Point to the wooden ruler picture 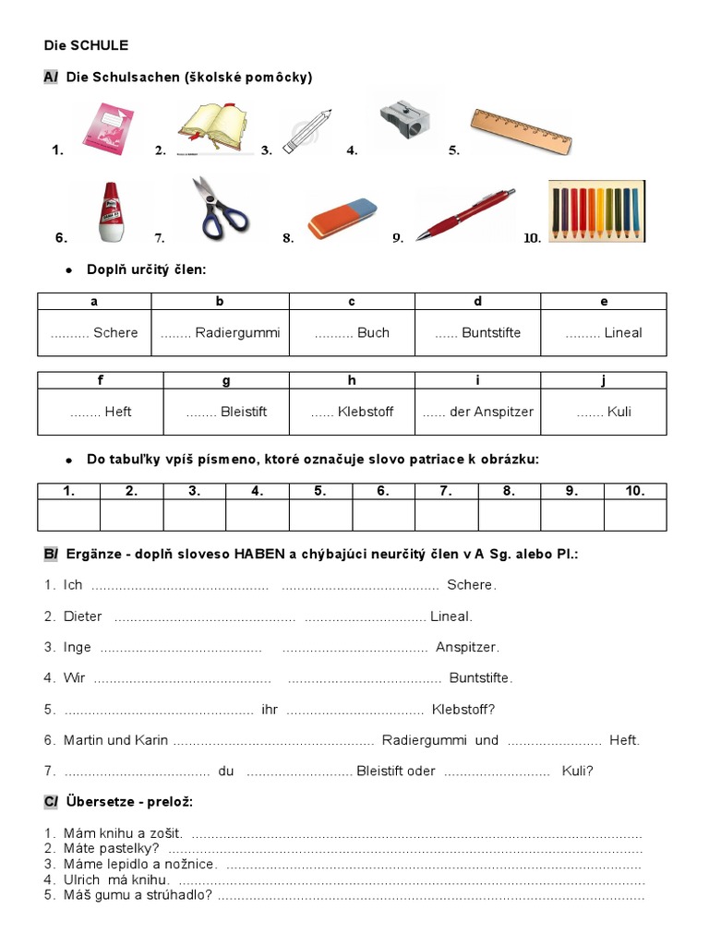point(521,130)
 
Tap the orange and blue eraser point(342,220)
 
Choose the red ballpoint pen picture point(464,215)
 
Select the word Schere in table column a point(115,333)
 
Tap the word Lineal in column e point(623,333)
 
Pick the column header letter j point(604,380)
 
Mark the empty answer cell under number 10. point(634,515)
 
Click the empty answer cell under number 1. point(69,515)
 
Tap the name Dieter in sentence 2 point(83,616)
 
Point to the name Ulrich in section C point(82,879)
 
